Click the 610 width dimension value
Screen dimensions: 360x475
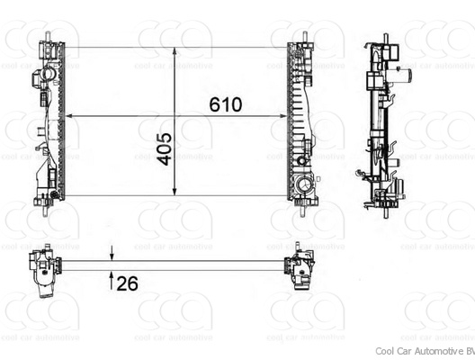(x=226, y=104)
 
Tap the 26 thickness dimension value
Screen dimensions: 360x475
(x=128, y=284)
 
